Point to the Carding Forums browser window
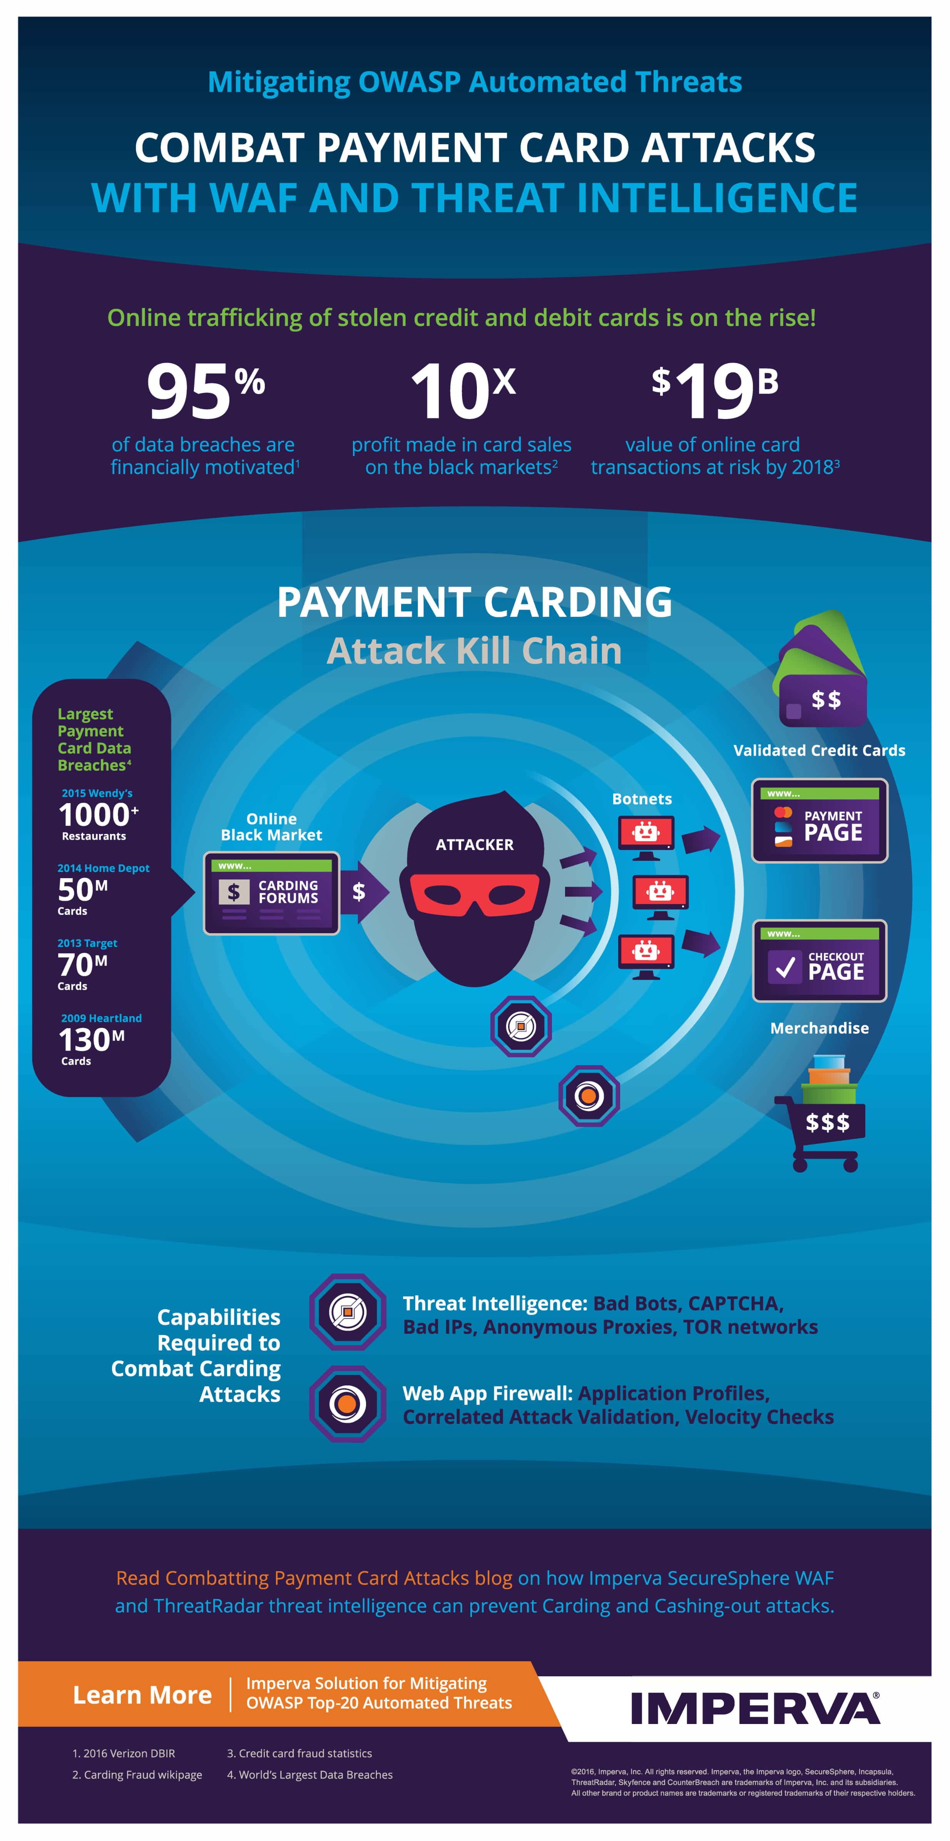point(272,893)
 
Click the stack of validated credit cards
point(822,668)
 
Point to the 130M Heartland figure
point(92,1040)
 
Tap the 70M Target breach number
point(83,965)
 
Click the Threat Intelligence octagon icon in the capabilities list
point(348,1311)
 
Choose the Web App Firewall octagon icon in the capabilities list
point(348,1403)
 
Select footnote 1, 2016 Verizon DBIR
point(124,1753)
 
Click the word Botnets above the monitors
point(642,799)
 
